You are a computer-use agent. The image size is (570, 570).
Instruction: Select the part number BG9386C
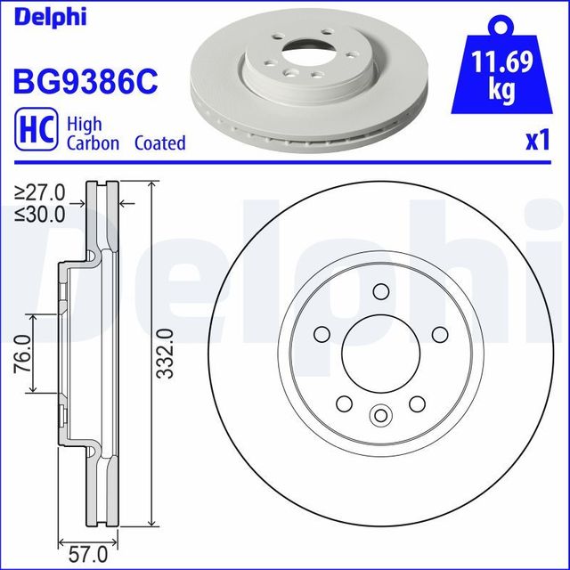pyautogui.click(x=85, y=83)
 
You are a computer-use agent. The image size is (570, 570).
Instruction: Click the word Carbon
pyautogui.click(x=93, y=143)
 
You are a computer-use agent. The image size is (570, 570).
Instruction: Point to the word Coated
pyautogui.click(x=160, y=143)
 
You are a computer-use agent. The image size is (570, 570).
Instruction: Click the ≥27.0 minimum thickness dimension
pyautogui.click(x=40, y=191)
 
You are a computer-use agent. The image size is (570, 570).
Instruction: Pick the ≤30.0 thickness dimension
pyautogui.click(x=40, y=213)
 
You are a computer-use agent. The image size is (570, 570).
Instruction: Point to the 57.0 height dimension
pyautogui.click(x=90, y=555)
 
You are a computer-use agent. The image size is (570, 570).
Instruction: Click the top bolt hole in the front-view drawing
pyautogui.click(x=379, y=292)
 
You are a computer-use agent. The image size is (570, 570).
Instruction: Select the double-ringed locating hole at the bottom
pyautogui.click(x=380, y=414)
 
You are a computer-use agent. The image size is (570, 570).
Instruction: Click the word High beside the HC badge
pyautogui.click(x=85, y=125)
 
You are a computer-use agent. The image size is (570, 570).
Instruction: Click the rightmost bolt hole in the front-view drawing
pyautogui.click(x=438, y=334)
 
